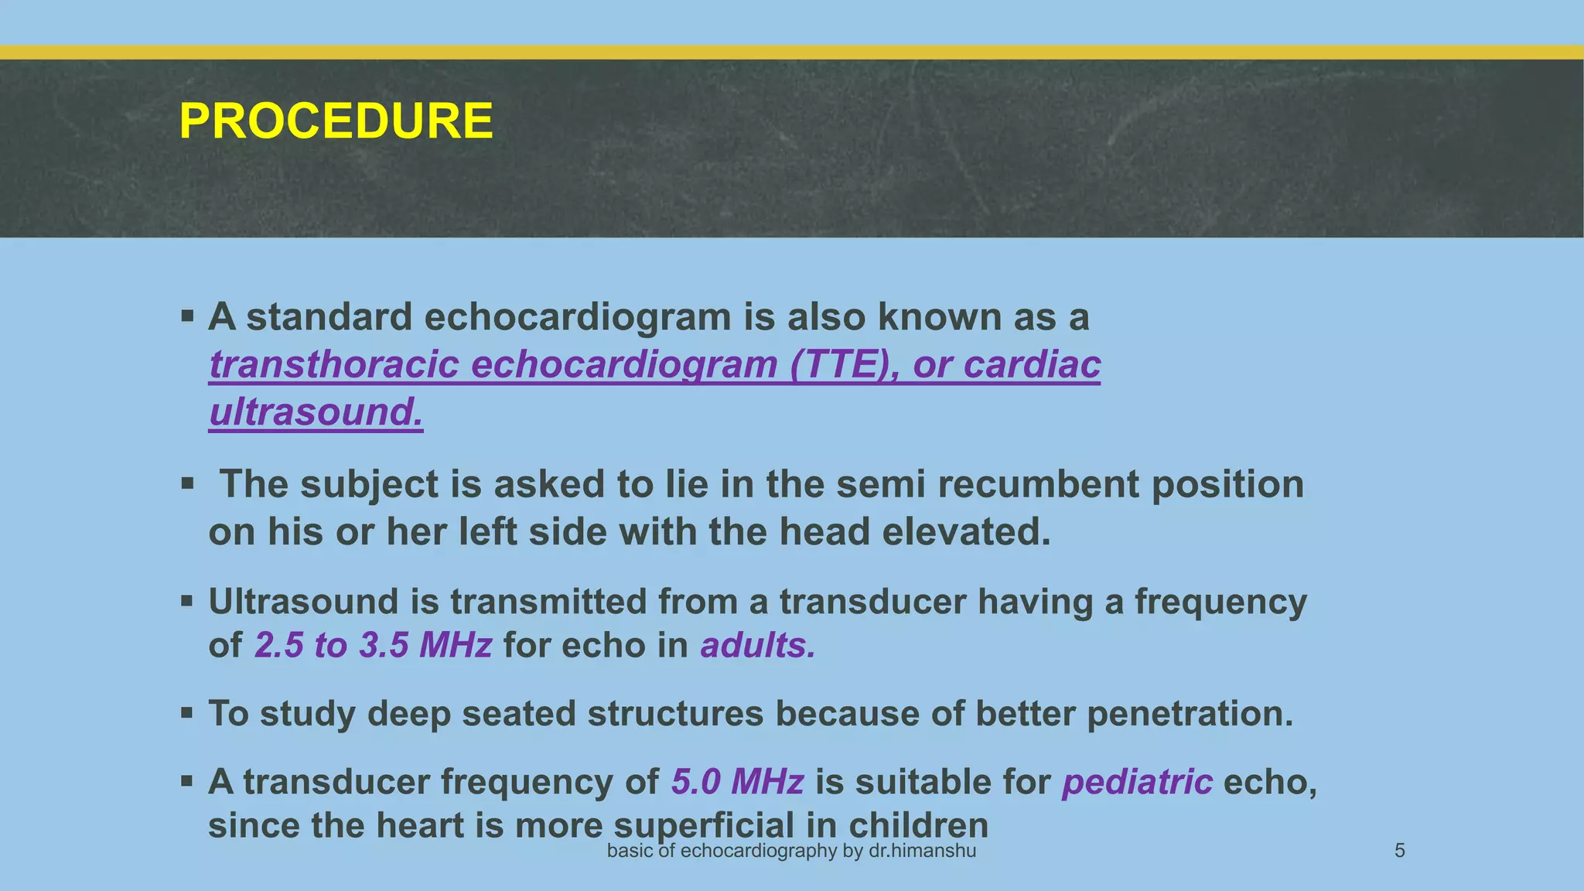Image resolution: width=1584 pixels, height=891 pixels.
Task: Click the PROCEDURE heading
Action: coord(336,121)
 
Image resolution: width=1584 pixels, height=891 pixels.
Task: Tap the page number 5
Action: coord(1399,851)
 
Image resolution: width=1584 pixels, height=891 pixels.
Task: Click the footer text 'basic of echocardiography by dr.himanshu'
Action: coord(791,851)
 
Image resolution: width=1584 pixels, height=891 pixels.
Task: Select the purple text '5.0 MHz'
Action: coord(737,782)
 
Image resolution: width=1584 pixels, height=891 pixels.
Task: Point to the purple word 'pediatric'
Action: coord(1137,782)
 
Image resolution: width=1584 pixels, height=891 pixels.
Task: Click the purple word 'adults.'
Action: coord(758,645)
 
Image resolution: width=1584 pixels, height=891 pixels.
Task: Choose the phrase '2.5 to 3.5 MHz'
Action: coord(373,645)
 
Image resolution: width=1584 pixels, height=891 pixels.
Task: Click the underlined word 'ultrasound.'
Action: coord(316,411)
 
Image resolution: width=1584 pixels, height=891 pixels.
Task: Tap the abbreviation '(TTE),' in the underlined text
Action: coord(845,364)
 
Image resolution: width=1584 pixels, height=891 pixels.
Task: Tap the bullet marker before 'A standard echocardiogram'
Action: coord(187,316)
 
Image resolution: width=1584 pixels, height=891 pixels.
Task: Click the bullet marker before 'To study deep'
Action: coord(187,712)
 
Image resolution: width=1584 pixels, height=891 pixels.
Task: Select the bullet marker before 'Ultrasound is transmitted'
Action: coord(187,601)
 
